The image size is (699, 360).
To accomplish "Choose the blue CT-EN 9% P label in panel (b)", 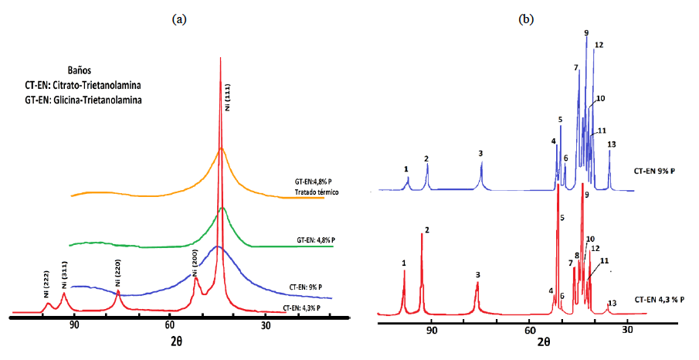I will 659,170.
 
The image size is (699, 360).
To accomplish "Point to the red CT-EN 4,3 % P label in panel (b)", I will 659,299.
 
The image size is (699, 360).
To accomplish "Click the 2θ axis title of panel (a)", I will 176,339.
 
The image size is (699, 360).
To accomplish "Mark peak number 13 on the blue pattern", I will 612,144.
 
